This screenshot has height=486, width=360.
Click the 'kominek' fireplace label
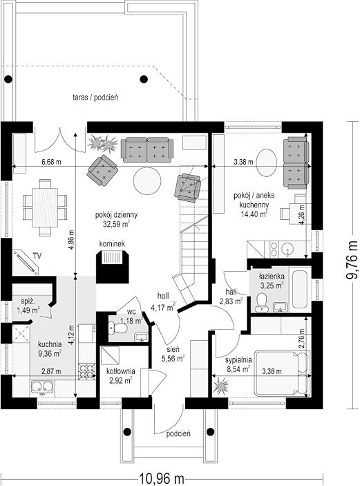112,244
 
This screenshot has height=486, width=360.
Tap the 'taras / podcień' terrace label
95,97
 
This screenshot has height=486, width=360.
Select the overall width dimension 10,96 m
162,478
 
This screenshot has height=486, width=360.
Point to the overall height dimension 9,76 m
352,260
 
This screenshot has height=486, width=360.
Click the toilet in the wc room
117,328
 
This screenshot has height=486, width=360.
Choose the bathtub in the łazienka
301,289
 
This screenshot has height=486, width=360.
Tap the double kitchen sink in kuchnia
42,387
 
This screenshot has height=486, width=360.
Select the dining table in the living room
45,207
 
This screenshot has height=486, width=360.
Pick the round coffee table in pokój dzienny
147,180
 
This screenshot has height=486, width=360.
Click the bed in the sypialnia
282,373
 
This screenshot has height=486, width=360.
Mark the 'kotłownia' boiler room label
120,371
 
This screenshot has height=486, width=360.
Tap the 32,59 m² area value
116,224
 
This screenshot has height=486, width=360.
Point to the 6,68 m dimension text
51,162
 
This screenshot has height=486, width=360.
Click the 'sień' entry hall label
173,349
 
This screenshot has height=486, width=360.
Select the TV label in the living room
37,256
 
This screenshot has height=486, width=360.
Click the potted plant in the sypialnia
221,386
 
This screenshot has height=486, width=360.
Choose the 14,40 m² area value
254,213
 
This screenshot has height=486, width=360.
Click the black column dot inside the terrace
144,80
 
